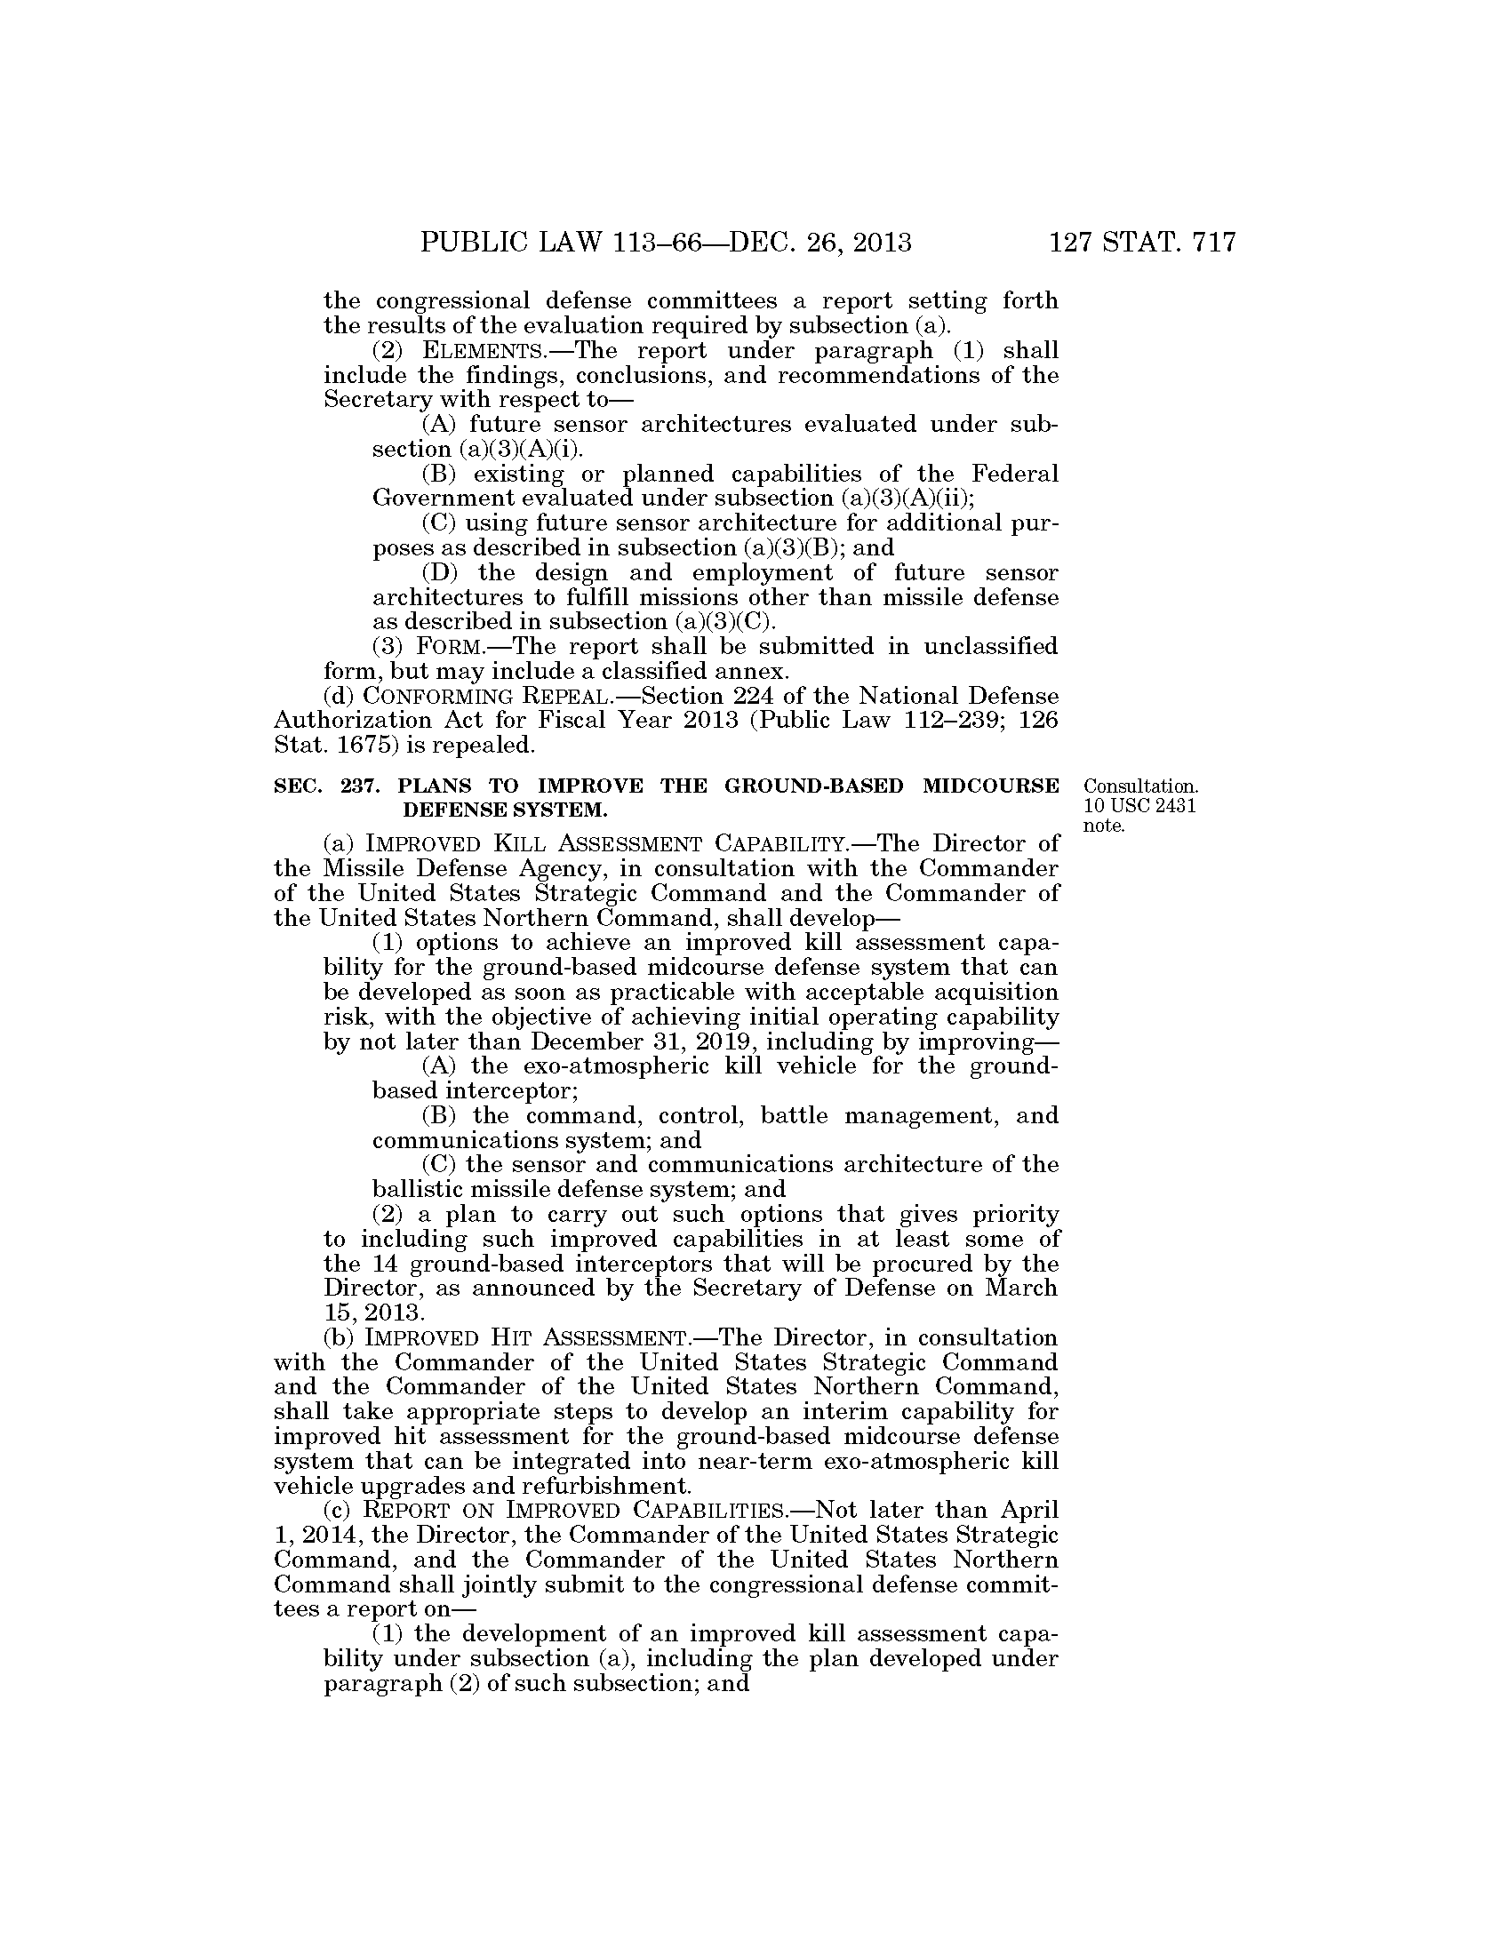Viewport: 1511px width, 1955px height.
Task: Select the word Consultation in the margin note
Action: pyautogui.click(x=1140, y=786)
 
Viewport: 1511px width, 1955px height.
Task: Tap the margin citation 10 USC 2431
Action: pyautogui.click(x=1140, y=806)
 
